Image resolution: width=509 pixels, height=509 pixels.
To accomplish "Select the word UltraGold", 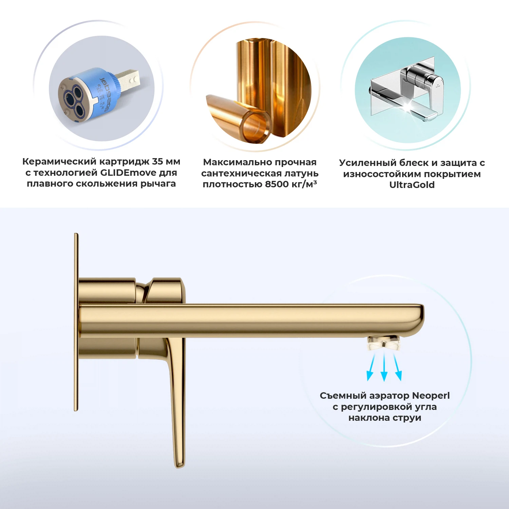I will pos(412,185).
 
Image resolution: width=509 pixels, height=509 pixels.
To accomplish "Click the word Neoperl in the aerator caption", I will pos(431,396).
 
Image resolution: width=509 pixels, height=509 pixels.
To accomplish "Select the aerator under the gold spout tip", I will pos(384,343).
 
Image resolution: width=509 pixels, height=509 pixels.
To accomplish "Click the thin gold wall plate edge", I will pos(76,322).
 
